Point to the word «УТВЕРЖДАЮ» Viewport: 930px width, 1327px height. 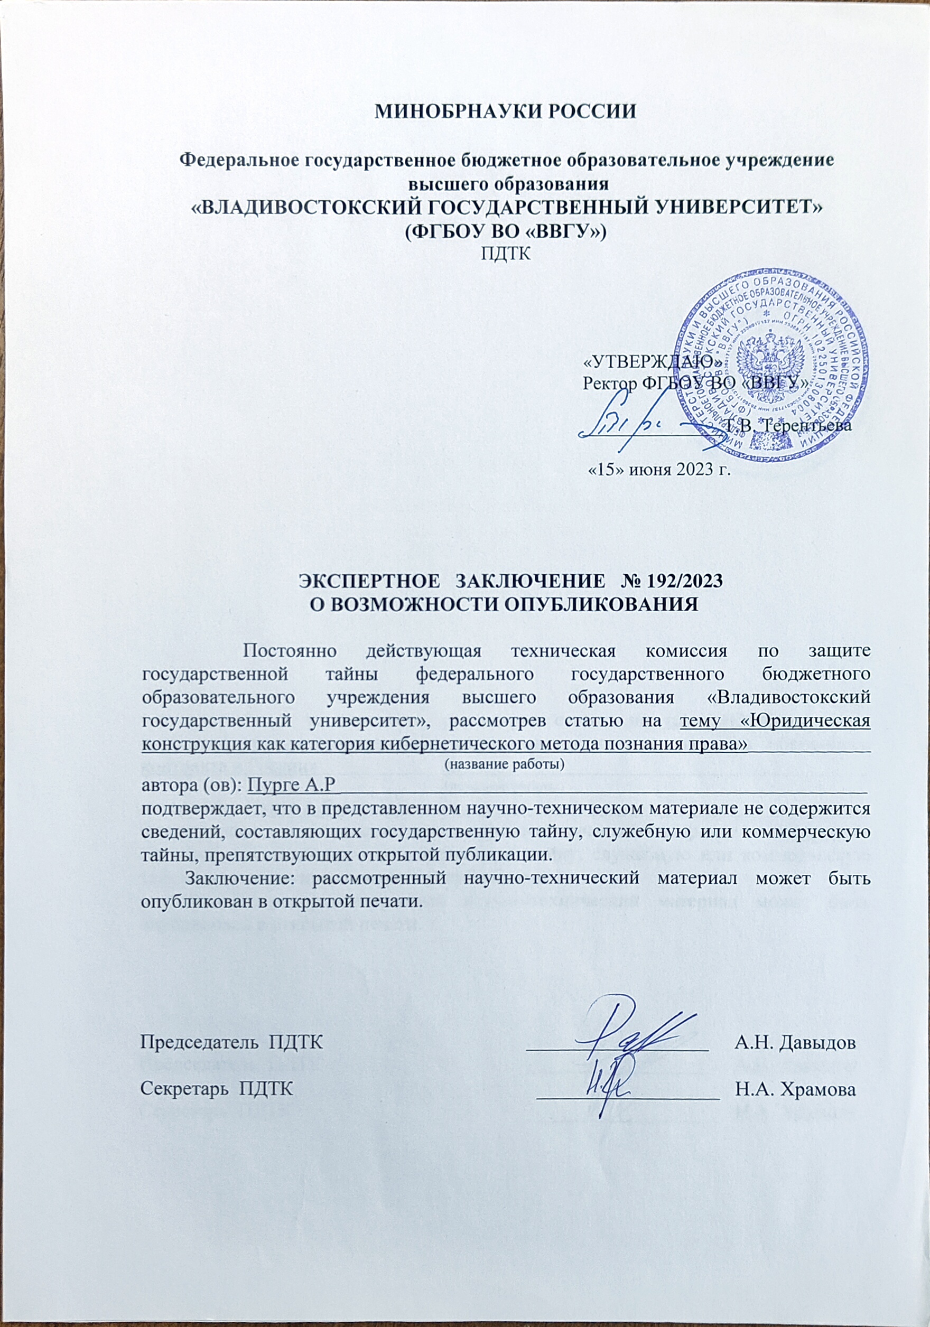coord(652,362)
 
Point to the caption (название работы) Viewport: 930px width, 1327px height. coord(504,764)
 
